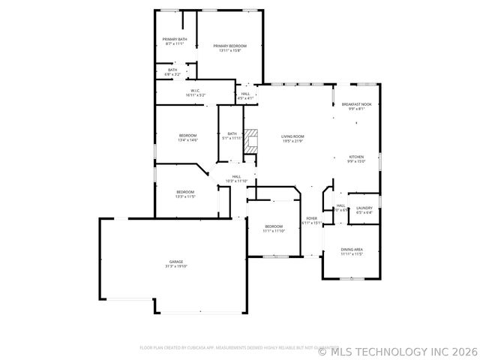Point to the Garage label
point(176,262)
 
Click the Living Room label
point(292,136)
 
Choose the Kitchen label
point(356,157)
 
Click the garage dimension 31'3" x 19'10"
point(176,266)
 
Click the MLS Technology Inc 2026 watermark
point(397,349)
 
